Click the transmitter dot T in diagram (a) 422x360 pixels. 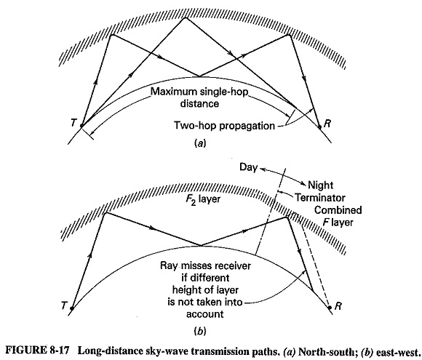81,125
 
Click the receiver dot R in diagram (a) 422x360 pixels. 319,127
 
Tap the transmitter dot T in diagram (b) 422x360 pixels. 71,308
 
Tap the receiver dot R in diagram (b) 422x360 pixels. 330,307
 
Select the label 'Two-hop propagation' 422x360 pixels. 224,126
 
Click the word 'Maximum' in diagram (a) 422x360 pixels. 174,92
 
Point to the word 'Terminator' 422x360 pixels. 320,198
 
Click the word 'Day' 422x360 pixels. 248,167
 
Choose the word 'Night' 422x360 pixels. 321,185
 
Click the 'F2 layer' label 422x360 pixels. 203,199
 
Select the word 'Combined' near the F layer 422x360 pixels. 338,210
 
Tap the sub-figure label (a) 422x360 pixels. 200,144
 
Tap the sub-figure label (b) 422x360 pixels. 200,331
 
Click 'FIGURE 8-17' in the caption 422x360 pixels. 37,351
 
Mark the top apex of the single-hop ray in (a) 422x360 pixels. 185,17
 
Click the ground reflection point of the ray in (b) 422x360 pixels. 201,245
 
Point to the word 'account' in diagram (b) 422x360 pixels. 204,314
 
